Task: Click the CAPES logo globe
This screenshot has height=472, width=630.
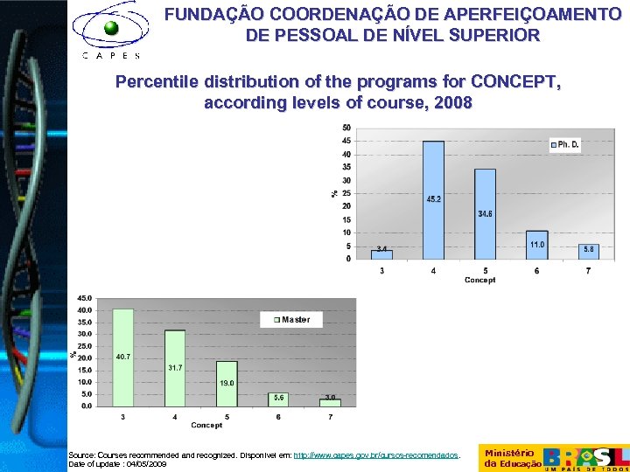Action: [111, 28]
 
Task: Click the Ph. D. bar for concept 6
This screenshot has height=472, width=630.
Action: [536, 245]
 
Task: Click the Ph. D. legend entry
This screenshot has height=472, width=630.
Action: [564, 143]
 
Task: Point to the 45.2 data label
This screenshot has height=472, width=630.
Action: [433, 199]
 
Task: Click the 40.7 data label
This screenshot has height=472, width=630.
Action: [123, 357]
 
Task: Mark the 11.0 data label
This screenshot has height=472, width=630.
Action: [536, 245]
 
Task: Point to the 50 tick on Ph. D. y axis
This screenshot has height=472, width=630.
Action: [347, 128]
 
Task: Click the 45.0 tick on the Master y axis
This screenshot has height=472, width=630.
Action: [84, 298]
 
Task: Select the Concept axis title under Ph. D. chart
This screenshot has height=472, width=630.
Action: [479, 281]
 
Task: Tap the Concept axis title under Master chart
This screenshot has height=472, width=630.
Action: [206, 426]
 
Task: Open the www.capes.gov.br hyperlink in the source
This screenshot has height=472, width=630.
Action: [375, 455]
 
